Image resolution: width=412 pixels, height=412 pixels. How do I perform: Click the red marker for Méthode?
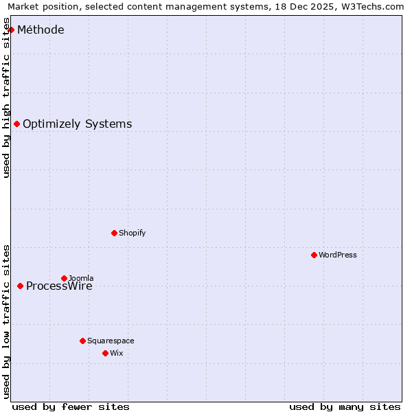11,30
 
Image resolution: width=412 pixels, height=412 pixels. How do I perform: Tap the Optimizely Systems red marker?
16,124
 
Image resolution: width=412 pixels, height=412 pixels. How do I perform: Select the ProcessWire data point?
20,286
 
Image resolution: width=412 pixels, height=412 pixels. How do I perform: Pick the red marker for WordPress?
314,255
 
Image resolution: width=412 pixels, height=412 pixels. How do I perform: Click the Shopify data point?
114,233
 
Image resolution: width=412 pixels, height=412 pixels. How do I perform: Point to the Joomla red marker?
64,278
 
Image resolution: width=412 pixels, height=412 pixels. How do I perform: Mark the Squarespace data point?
82,341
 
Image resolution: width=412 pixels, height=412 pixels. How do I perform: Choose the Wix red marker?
105,353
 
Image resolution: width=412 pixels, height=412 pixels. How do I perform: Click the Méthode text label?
41,30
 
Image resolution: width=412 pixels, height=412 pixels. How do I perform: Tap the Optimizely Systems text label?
77,124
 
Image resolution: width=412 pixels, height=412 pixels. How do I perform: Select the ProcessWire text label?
59,286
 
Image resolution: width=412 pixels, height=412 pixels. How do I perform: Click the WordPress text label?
337,255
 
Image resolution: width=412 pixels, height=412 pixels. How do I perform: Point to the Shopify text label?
132,233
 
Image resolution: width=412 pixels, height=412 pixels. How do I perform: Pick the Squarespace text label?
111,341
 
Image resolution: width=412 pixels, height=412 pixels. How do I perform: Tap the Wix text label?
116,353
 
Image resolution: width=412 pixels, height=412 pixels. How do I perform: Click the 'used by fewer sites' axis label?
71,407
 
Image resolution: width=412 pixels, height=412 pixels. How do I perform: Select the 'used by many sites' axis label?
345,407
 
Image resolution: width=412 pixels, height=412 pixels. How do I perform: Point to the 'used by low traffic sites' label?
7,321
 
